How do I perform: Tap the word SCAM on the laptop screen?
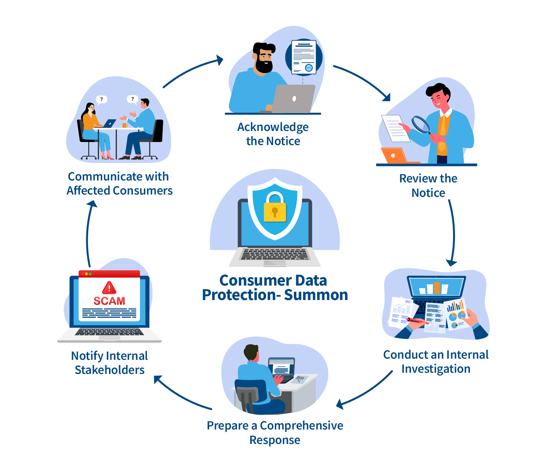(x=109, y=301)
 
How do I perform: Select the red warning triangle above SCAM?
(x=109, y=287)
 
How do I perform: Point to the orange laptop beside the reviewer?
(x=394, y=155)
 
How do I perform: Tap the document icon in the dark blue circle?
(x=304, y=57)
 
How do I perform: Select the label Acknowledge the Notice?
(x=273, y=134)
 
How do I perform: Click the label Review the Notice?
(x=428, y=185)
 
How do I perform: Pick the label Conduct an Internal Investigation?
(x=436, y=361)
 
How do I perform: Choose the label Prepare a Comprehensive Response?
(x=275, y=432)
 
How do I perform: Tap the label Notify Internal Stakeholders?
(x=110, y=362)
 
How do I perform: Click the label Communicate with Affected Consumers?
(x=119, y=183)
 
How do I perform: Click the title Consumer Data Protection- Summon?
(x=275, y=287)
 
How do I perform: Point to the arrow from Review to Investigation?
(x=453, y=232)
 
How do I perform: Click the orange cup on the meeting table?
(x=124, y=125)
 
